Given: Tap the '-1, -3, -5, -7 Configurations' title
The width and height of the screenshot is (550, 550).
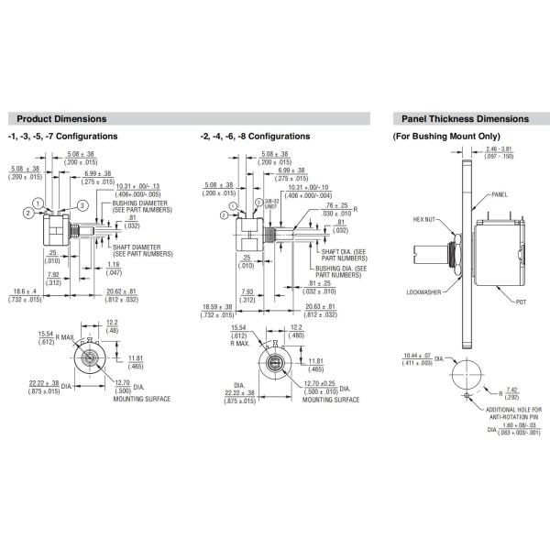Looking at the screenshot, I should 62,136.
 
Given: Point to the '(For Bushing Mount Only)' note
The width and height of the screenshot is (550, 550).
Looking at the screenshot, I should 446,136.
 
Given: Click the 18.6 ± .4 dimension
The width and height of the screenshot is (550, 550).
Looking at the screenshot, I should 22,295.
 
